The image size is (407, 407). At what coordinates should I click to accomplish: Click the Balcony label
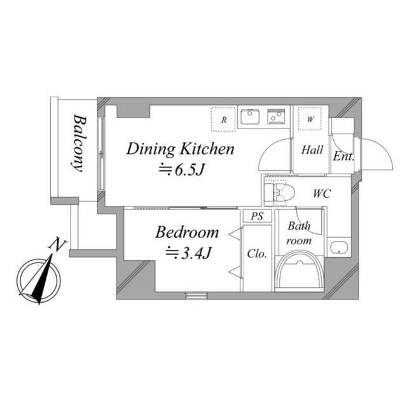point(79,143)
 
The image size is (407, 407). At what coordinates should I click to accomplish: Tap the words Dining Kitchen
point(181,149)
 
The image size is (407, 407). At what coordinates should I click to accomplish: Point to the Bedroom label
point(187,232)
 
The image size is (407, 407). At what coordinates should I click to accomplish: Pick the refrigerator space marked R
point(223,120)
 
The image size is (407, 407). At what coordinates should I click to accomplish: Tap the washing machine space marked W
point(310,119)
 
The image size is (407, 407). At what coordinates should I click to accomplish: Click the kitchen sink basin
point(250,117)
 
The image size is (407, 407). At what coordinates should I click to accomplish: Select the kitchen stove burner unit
point(276,116)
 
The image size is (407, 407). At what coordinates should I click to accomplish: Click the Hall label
point(312,150)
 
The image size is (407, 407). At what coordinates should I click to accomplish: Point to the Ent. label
point(343,156)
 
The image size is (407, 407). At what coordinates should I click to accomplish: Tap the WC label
point(322,193)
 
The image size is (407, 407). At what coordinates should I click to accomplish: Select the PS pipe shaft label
point(257,216)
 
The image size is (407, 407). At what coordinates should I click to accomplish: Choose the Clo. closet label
point(257,254)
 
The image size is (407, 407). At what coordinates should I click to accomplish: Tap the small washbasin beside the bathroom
point(338,247)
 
